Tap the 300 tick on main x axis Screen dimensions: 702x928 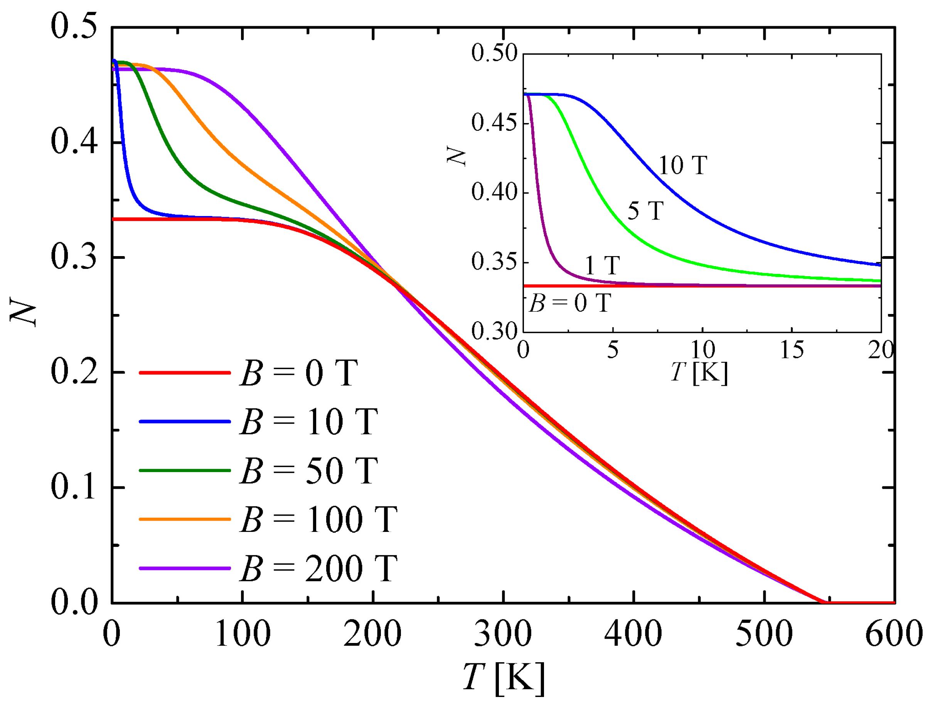[x=503, y=634]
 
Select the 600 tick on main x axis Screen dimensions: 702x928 [x=894, y=634]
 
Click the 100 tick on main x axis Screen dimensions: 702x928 [x=243, y=634]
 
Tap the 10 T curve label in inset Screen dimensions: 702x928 [x=682, y=165]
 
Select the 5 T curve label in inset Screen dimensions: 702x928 [x=645, y=211]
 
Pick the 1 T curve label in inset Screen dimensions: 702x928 [x=602, y=266]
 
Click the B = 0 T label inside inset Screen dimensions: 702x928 [x=570, y=303]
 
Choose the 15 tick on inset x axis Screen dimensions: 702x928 [x=792, y=349]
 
